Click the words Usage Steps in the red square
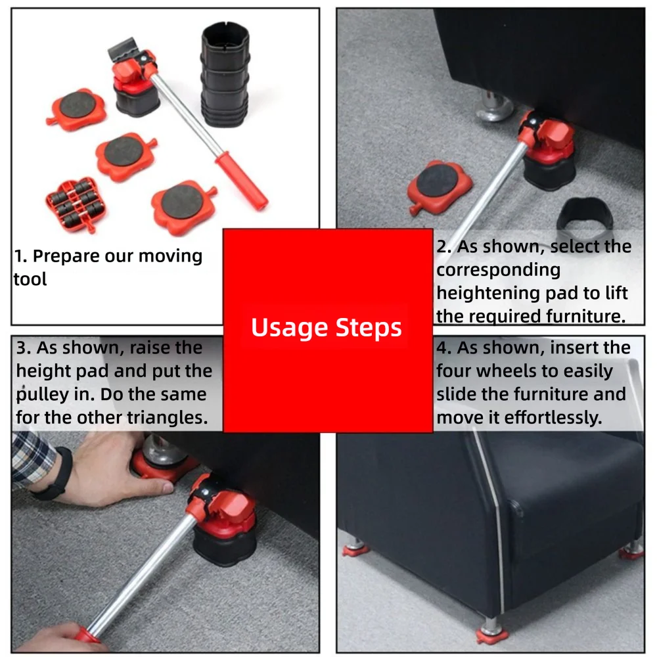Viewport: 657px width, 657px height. (x=327, y=327)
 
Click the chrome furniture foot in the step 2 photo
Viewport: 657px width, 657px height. (x=493, y=109)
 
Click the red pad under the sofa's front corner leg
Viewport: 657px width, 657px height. (x=492, y=635)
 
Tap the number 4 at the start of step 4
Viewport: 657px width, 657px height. (x=442, y=348)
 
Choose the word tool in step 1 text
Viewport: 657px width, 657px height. (x=30, y=279)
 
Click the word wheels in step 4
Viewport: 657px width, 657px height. (x=507, y=371)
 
